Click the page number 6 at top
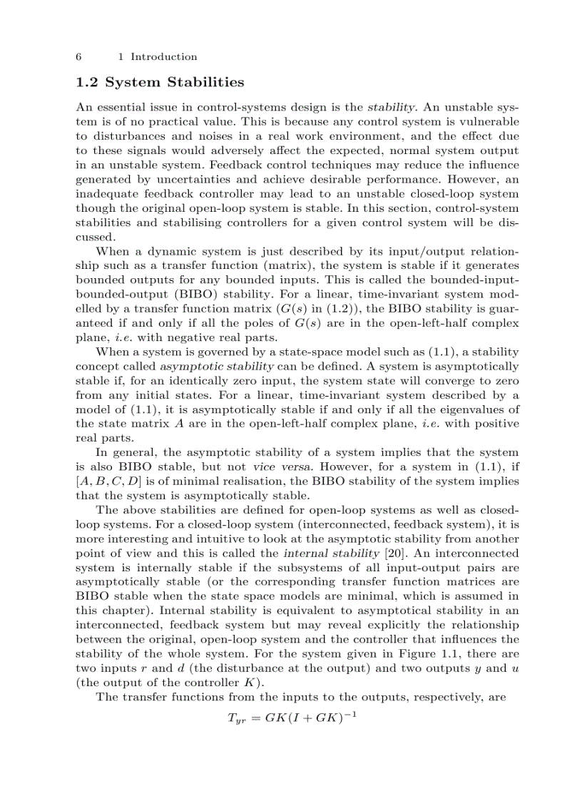(78, 57)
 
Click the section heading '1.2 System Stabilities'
(160, 83)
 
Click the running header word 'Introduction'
(164, 57)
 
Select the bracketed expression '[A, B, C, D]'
(108, 481)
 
